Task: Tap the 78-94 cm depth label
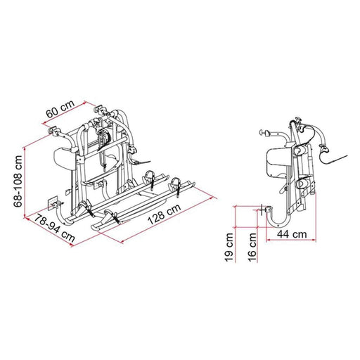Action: (x=54, y=227)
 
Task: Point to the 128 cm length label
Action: (x=162, y=218)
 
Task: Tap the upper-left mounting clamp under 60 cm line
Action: (x=53, y=131)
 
